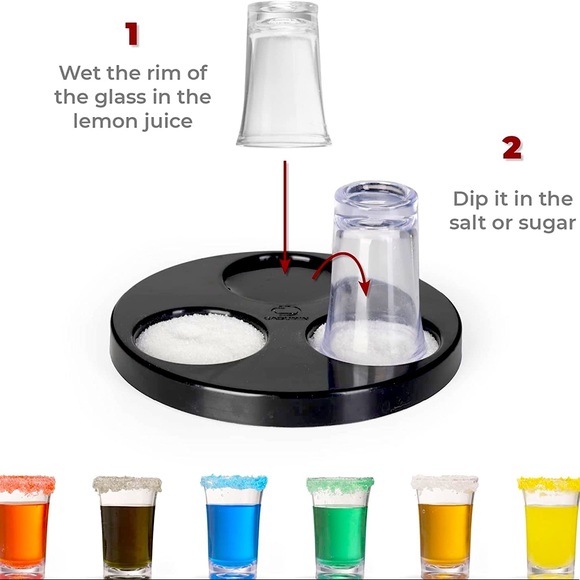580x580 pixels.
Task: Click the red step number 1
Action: pyautogui.click(x=132, y=34)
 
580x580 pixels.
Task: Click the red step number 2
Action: pyautogui.click(x=512, y=148)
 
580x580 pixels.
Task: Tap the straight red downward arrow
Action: pyautogui.click(x=285, y=217)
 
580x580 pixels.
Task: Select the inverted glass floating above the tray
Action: pyautogui.click(x=284, y=74)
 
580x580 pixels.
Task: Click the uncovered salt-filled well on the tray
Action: pyautogui.click(x=200, y=337)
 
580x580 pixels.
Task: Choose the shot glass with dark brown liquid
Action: pyautogui.click(x=127, y=527)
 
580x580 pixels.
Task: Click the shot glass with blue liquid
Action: pyautogui.click(x=233, y=527)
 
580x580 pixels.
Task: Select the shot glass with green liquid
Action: pyautogui.click(x=340, y=527)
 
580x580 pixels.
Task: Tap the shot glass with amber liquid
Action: pyautogui.click(x=445, y=527)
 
